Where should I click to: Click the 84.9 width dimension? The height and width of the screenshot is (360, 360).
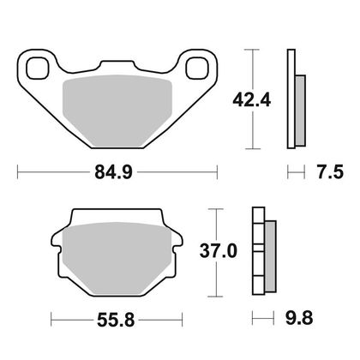113,172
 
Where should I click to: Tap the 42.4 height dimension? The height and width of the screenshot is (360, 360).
251,100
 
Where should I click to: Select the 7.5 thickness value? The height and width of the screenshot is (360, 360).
330,172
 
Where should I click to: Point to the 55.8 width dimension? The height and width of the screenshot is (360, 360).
116,320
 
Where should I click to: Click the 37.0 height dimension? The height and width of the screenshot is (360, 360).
219,251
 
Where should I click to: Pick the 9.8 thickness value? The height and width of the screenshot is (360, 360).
299,317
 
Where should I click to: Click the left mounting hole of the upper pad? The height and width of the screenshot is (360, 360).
37,68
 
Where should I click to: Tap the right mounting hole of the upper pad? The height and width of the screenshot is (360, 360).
197,68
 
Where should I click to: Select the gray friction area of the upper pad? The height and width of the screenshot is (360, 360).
117,111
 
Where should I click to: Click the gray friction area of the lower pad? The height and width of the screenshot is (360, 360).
117,258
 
